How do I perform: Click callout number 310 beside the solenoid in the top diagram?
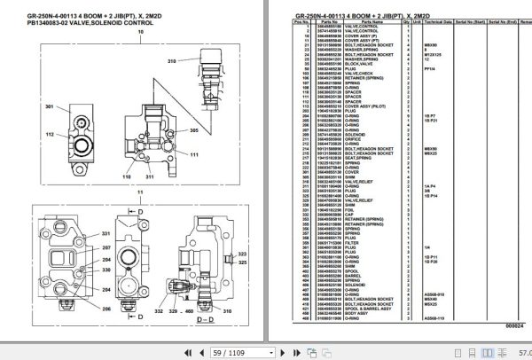click(172, 61)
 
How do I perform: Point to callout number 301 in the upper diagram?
click(50, 107)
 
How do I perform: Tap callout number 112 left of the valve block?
click(50, 134)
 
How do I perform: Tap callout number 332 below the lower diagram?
click(160, 313)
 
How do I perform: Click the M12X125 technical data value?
click(432, 55)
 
